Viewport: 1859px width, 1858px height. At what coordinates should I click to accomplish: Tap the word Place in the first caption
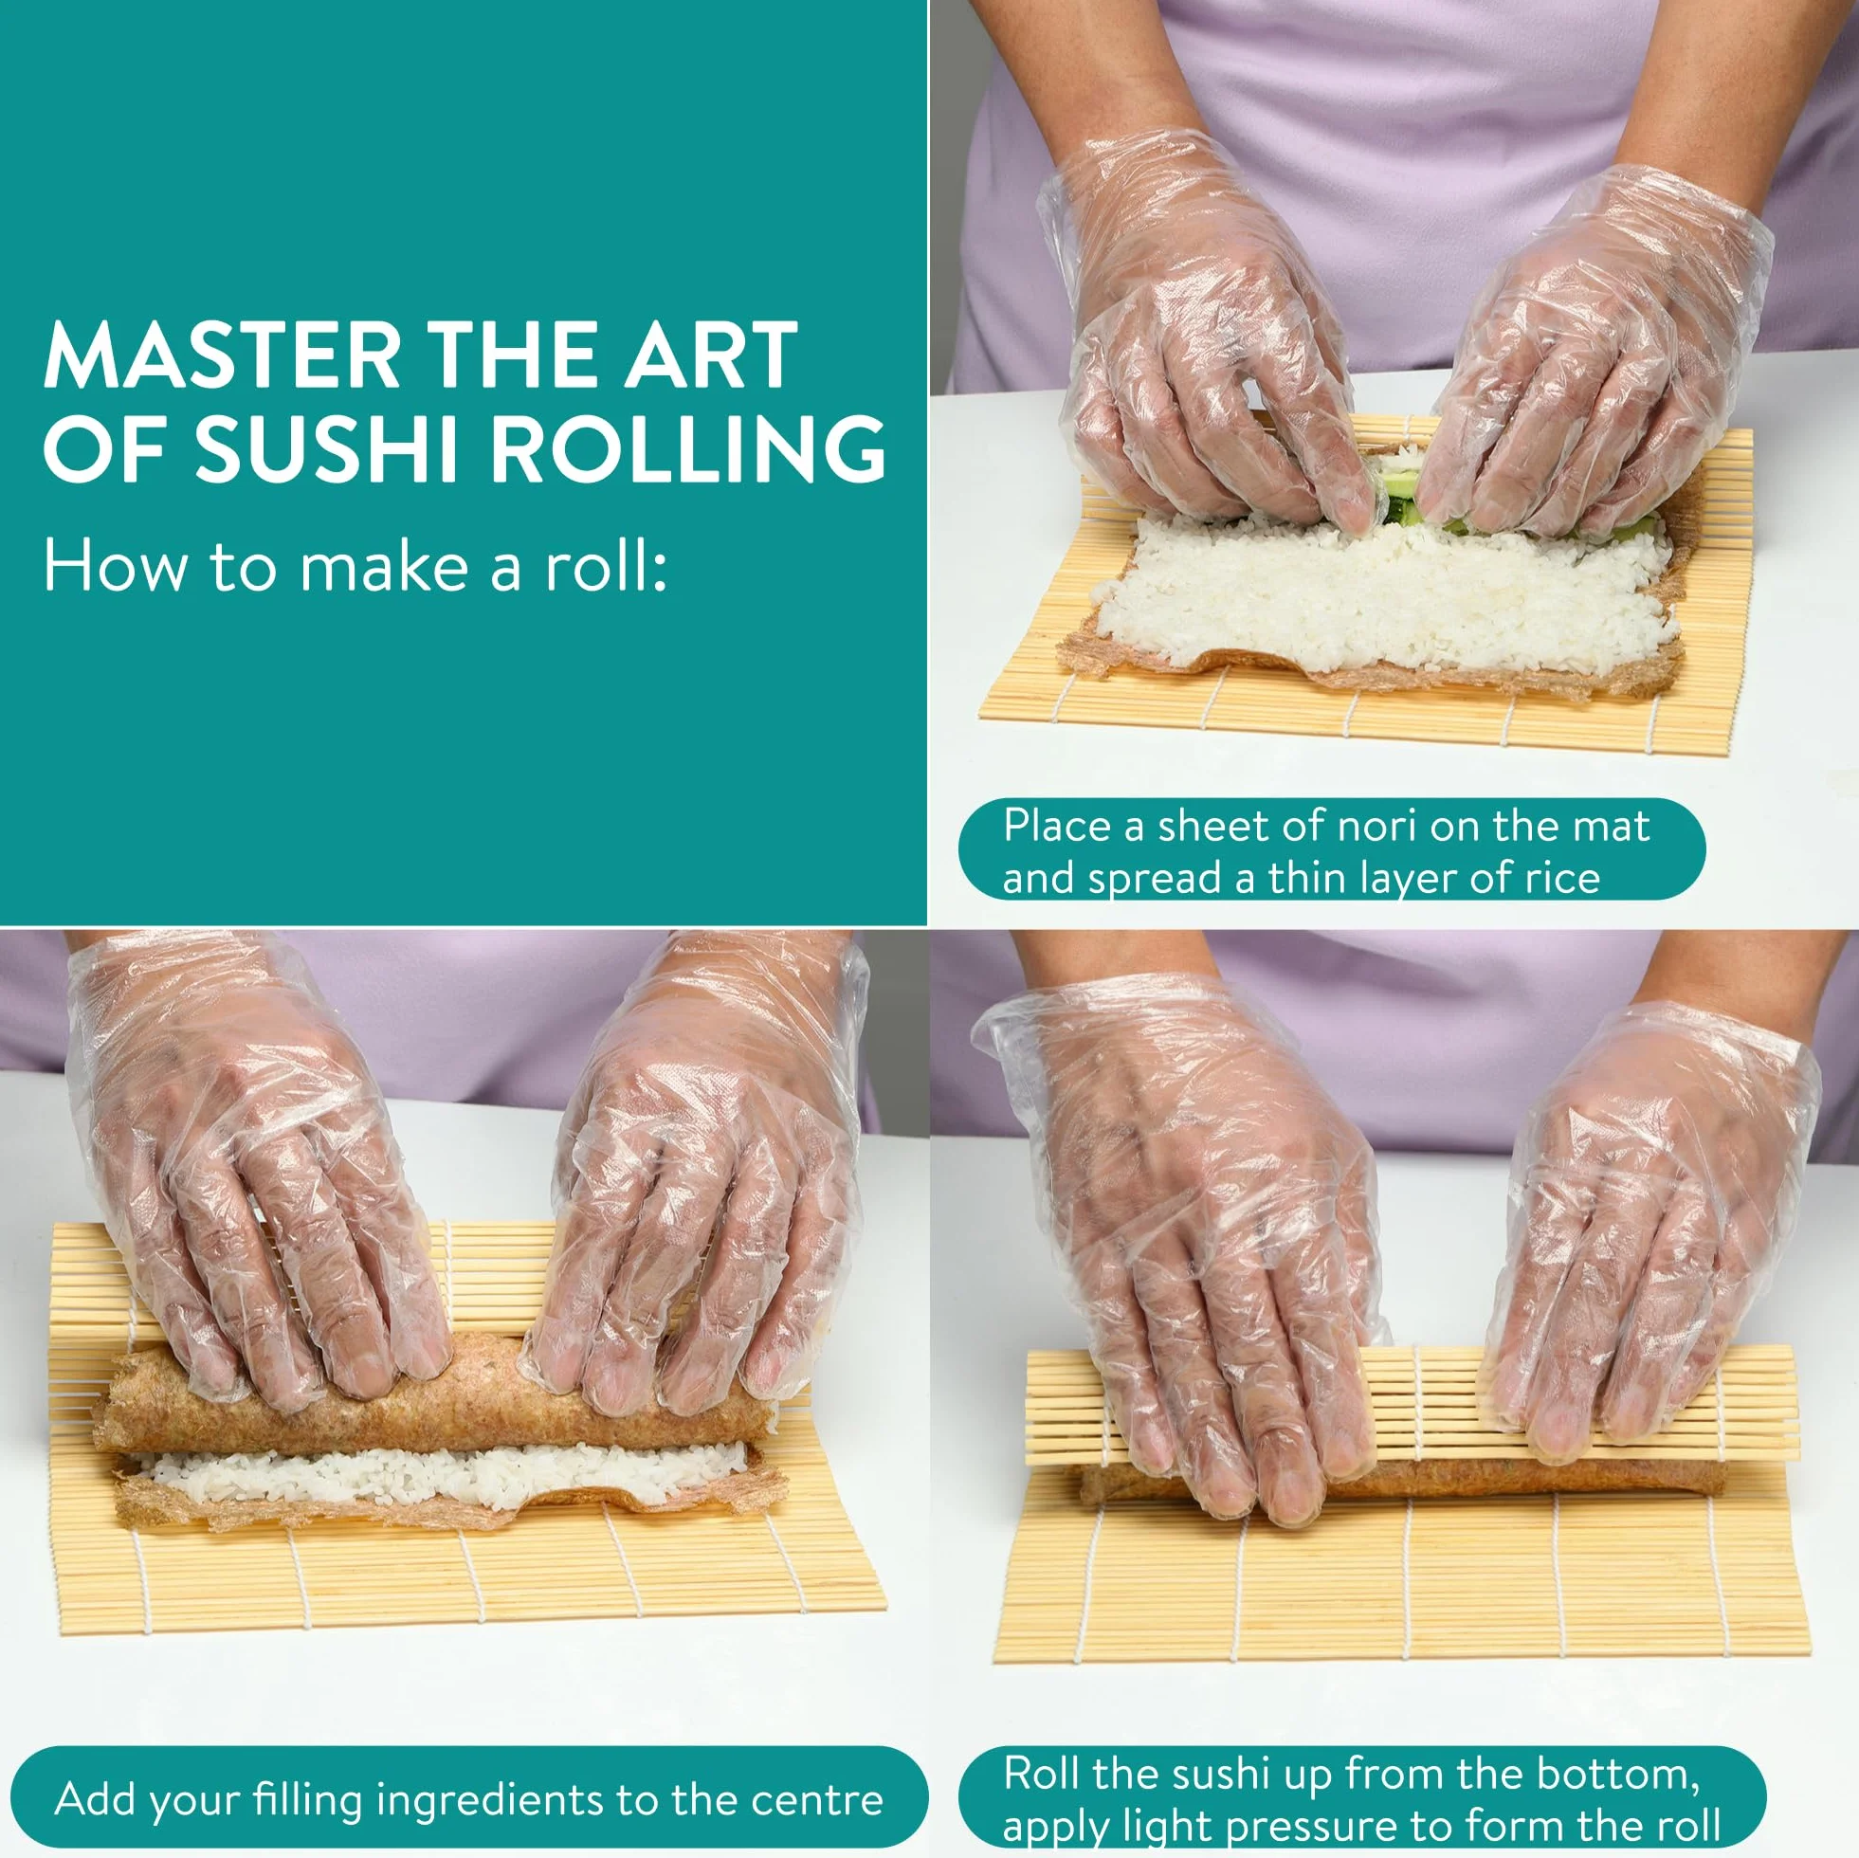[x=1057, y=826]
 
